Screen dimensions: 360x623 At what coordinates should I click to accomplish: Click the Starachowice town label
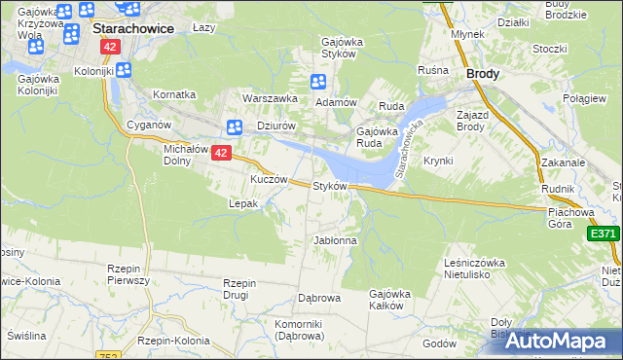[133, 29]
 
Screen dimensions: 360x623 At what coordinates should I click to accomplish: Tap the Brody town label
[484, 73]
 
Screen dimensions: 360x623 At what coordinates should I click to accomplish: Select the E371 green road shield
[604, 234]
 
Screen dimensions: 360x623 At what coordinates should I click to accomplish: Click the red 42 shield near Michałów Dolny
[221, 153]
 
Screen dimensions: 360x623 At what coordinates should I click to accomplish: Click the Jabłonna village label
[335, 239]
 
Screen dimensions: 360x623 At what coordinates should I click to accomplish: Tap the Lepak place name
[242, 203]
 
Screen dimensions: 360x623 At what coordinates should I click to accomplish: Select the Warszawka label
[270, 98]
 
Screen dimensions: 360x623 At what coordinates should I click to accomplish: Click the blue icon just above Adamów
[317, 83]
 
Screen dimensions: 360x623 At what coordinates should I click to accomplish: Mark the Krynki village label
[438, 161]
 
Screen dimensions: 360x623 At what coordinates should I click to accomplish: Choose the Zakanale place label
[563, 162]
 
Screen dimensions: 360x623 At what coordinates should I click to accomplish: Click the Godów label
[440, 343]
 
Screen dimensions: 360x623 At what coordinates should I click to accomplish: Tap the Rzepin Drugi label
[239, 289]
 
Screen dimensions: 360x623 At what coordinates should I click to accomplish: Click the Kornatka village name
[174, 94]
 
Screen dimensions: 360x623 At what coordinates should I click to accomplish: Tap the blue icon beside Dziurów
[234, 126]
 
